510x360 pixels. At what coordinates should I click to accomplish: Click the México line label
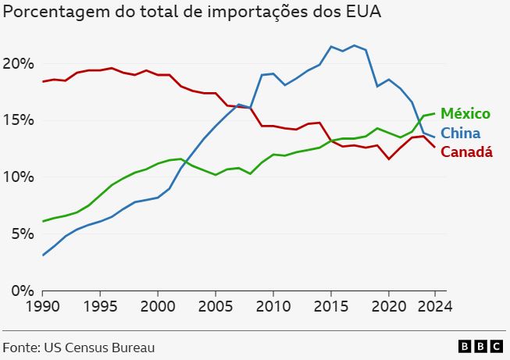click(x=465, y=114)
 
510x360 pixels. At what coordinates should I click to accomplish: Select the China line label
click(x=460, y=133)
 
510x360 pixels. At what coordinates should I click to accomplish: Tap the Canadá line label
click(x=466, y=151)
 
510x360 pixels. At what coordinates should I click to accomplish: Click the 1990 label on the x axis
click(x=43, y=307)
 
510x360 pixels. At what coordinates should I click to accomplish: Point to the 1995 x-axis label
click(x=100, y=307)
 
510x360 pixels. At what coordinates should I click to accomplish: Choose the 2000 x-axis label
click(x=158, y=307)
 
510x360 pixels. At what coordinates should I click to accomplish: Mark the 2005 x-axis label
click(x=215, y=307)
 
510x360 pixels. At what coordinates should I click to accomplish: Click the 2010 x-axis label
click(x=273, y=307)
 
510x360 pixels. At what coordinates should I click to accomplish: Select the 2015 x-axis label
click(x=330, y=307)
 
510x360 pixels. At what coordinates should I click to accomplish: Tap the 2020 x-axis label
click(x=387, y=307)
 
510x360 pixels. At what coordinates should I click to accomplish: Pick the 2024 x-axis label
click(x=433, y=307)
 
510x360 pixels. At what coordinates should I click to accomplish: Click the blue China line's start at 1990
click(x=43, y=255)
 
